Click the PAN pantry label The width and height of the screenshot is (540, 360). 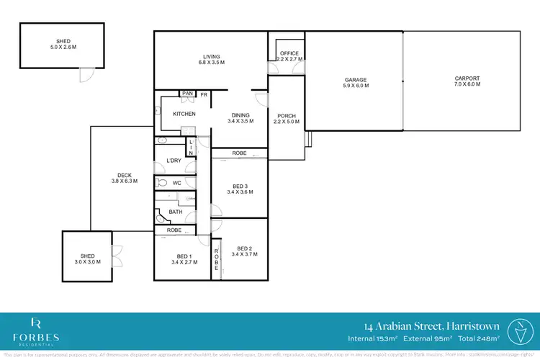point(187,94)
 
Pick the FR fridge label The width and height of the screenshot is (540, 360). point(204,94)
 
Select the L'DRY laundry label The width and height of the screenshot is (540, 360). point(174,160)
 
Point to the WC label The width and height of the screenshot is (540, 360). point(176,183)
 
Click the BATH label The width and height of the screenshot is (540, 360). point(176,212)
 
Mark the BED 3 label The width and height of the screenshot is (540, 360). point(240,187)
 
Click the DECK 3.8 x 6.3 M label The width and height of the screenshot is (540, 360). point(123,178)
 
